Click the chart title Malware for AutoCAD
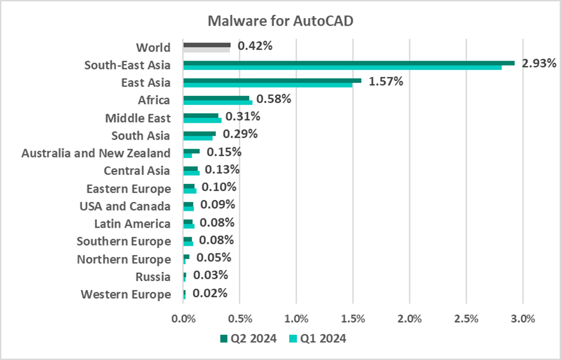tap(280, 21)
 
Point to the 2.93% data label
tap(539, 64)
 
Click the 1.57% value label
tap(386, 82)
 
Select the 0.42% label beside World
tap(255, 46)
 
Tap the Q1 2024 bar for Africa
tap(218, 103)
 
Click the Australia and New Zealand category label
tap(96, 153)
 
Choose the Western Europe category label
tap(126, 294)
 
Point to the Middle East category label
tap(138, 118)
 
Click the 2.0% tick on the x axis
tap(409, 318)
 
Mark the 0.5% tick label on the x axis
tap(240, 318)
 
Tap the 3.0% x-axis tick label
tap(522, 318)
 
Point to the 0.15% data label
tap(224, 152)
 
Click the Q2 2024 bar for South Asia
tap(199, 133)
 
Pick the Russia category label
tap(153, 277)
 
